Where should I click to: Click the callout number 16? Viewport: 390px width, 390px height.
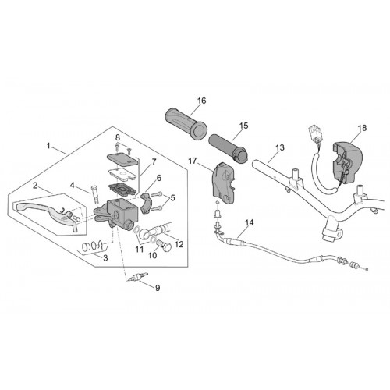pos(201,101)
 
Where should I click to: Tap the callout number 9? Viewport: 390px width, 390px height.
pos(158,288)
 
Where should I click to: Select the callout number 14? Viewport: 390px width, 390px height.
pos(250,222)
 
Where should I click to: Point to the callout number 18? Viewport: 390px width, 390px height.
pos(362,128)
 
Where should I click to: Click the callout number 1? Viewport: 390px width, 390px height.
pos(48,146)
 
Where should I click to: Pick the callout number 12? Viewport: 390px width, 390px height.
pos(179,244)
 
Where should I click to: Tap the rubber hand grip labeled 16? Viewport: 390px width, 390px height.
pos(186,124)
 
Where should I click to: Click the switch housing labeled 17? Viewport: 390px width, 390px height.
pos(224,183)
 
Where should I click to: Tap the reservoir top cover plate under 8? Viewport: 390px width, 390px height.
pos(122,158)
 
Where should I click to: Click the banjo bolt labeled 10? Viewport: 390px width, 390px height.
pos(164,246)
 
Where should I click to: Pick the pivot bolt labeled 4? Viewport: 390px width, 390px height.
pos(95,194)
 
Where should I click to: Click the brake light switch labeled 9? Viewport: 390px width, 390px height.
pos(136,278)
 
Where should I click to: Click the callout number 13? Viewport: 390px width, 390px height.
pos(280,147)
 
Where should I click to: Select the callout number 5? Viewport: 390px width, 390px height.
pos(172,198)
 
